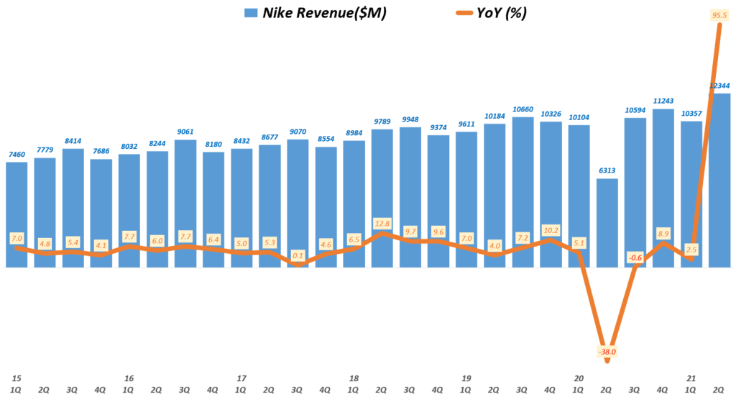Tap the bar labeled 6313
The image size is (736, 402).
tap(607, 223)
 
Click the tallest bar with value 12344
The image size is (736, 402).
tap(719, 180)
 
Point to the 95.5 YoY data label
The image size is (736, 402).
tap(719, 15)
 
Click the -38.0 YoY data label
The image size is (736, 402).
tap(607, 352)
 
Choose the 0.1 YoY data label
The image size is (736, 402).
tap(298, 255)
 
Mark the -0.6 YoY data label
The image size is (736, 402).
tap(635, 257)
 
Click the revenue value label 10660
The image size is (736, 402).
tap(523, 109)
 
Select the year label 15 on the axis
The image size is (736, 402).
tap(16, 378)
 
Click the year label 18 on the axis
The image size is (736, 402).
tap(354, 378)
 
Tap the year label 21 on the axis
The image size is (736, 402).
tap(691, 378)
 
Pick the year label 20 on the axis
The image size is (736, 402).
tap(579, 378)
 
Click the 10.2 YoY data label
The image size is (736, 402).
tap(551, 230)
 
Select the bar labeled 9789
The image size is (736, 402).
tap(382, 198)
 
